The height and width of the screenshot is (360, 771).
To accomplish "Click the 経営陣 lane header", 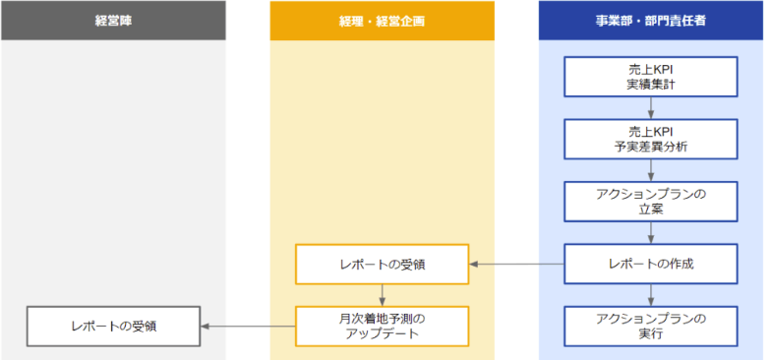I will (113, 20).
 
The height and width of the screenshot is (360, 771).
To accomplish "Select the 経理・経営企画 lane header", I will (383, 20).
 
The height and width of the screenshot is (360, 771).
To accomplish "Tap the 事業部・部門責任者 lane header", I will (650, 20).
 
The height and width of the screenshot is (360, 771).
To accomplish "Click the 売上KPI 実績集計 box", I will (650, 76).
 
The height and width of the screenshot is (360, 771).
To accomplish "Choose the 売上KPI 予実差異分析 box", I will (650, 139).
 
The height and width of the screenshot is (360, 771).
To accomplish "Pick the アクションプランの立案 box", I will (650, 201).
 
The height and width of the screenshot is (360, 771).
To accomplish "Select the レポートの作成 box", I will (650, 264).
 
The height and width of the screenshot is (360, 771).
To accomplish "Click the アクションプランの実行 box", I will (650, 326).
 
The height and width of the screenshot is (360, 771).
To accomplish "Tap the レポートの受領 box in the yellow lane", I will (383, 264).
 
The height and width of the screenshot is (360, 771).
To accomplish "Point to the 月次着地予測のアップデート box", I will (383, 326).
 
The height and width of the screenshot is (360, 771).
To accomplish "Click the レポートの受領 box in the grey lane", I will (113, 326).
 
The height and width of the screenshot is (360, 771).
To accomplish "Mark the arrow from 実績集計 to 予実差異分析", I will (650, 107).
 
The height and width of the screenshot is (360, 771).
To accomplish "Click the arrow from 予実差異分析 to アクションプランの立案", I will (650, 169).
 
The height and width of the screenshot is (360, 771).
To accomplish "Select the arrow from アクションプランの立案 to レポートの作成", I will (650, 232).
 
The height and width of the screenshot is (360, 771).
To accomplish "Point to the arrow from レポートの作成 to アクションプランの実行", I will (650, 294).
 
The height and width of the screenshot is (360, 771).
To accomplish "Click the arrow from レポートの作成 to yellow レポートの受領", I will (516, 264).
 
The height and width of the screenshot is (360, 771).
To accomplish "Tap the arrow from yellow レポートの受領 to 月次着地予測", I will (383, 294).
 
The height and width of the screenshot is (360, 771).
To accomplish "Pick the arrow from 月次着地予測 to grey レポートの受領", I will (248, 326).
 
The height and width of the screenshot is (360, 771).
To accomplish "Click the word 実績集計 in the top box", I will (650, 85).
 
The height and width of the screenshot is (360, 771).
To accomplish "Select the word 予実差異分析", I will (650, 147).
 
